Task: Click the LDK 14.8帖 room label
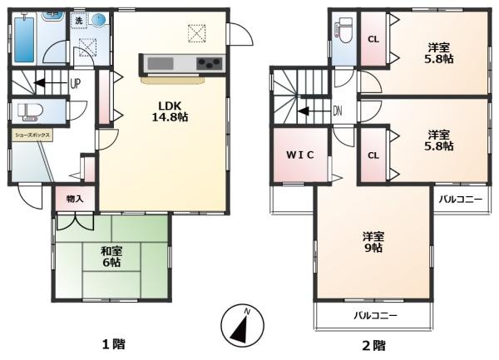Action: coord(170,111)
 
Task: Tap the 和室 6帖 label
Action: coord(111,257)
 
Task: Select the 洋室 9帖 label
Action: coord(373,242)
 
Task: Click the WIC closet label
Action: coord(299,155)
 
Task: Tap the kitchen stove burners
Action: coord(209,62)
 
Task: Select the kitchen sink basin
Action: coord(161,63)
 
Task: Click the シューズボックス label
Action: coord(32,136)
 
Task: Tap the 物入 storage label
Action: coord(75,199)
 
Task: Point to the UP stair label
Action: coord(76,84)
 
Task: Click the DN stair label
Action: coord(338,111)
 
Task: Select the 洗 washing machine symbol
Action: coord(79,21)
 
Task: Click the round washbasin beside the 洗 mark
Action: coord(98,20)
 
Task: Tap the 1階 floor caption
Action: coord(114,344)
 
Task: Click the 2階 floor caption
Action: coord(374,345)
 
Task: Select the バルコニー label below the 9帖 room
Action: coord(376,316)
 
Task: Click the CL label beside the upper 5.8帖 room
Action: coord(373,39)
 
